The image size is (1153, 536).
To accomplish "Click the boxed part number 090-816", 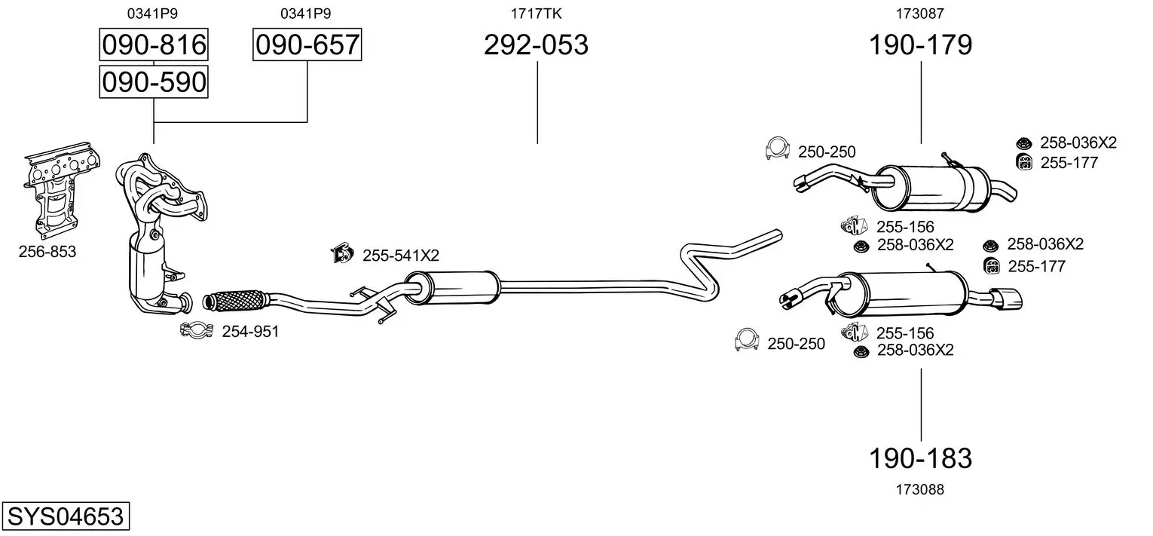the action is click(x=154, y=44).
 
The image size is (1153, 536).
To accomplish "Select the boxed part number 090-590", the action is click(x=154, y=82).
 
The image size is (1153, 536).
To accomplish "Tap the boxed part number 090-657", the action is click(x=307, y=44).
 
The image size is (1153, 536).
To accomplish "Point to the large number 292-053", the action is click(x=536, y=44).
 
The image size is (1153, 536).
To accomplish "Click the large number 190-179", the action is click(x=920, y=44).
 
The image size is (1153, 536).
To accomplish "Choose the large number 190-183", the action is click(x=920, y=458).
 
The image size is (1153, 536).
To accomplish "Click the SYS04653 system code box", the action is click(x=66, y=516).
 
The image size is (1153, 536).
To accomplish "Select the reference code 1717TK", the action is click(x=536, y=14).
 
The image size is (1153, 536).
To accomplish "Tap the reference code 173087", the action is click(x=920, y=14).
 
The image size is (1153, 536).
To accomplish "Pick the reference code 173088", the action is click(x=920, y=490).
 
